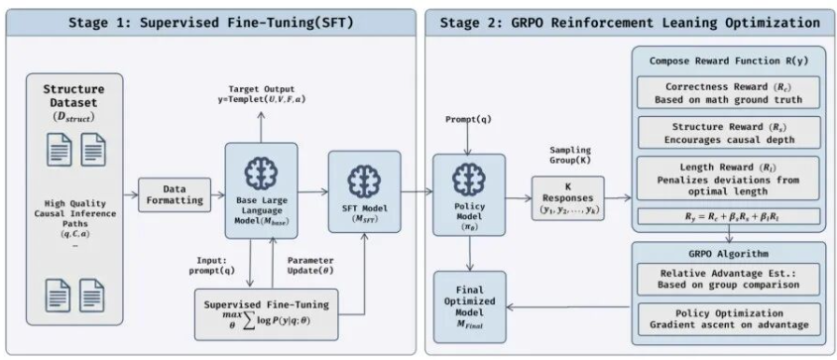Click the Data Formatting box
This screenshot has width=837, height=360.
click(x=175, y=194)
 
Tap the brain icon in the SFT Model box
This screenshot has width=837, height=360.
click(x=364, y=182)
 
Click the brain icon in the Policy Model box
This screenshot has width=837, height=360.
click(x=469, y=180)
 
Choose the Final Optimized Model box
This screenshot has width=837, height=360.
click(x=469, y=306)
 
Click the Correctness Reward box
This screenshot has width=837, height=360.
click(x=728, y=93)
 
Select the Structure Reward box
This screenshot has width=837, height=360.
click(x=728, y=133)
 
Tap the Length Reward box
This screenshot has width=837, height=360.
click(x=728, y=179)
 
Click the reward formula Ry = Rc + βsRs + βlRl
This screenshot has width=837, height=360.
click(x=728, y=216)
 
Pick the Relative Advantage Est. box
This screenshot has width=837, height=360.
click(x=728, y=279)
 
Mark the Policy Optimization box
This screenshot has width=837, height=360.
click(x=728, y=319)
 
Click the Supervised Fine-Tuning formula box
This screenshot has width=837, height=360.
click(x=266, y=314)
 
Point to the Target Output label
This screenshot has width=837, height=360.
click(x=262, y=94)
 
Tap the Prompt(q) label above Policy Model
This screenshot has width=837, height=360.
click(x=469, y=120)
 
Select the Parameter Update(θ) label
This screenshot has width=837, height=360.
click(x=310, y=265)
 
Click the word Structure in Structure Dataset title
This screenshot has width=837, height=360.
click(x=73, y=89)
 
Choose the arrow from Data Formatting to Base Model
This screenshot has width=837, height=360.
click(x=218, y=195)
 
